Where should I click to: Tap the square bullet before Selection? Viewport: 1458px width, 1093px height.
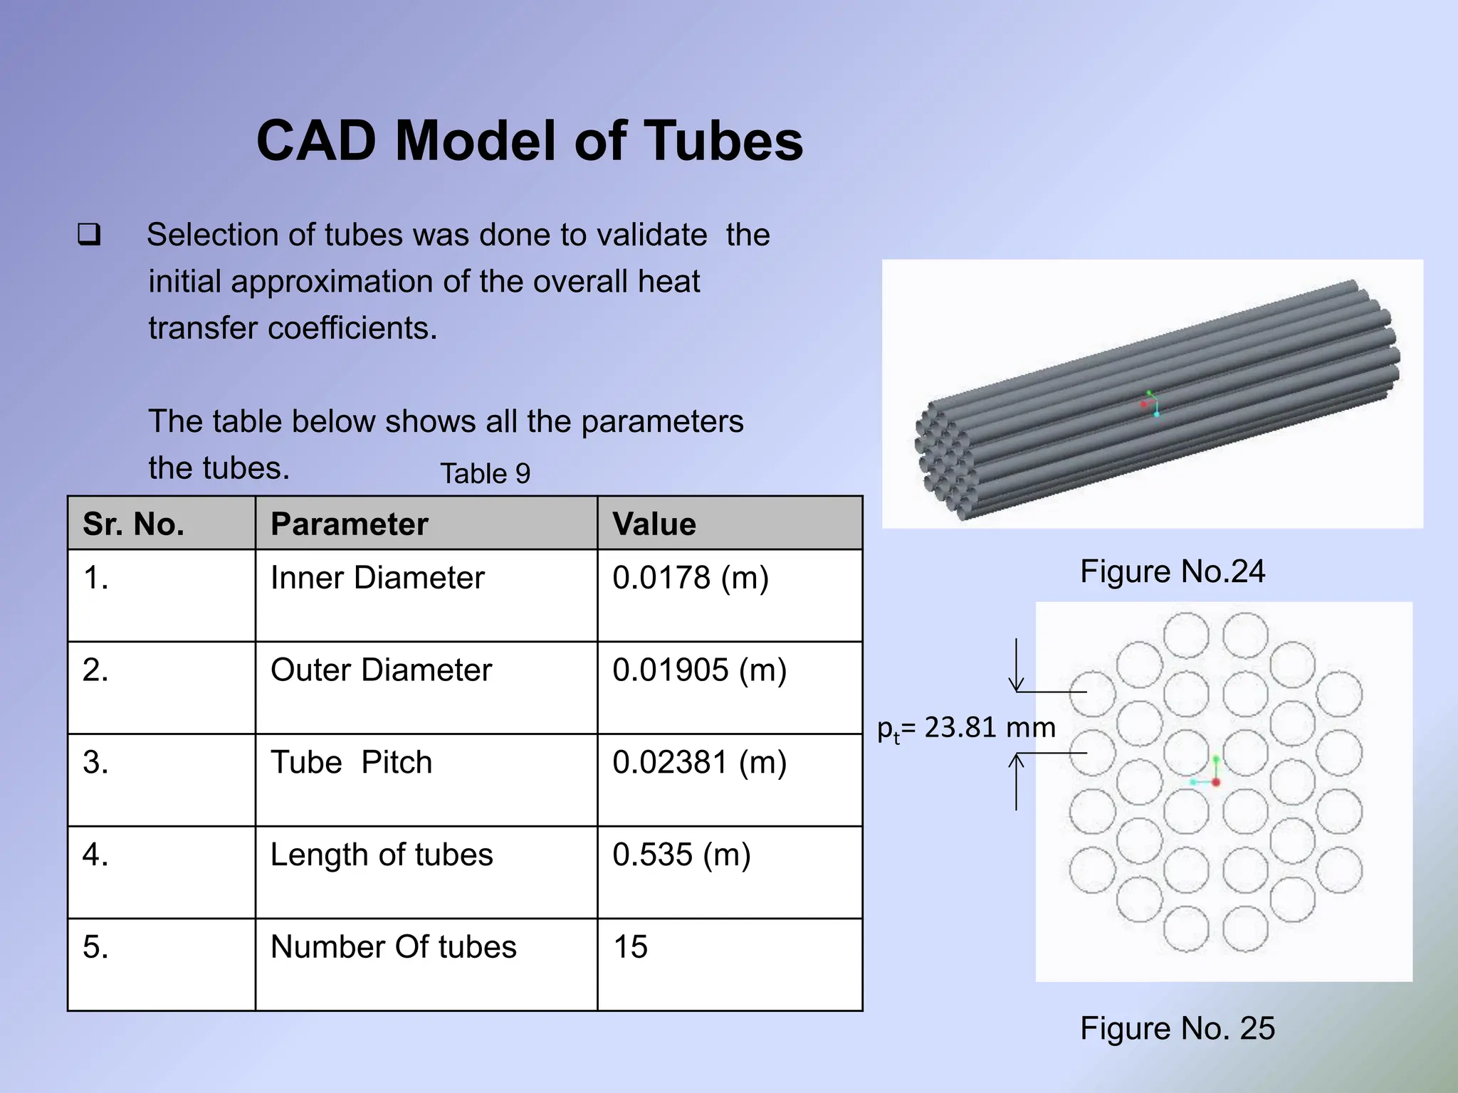click(x=89, y=235)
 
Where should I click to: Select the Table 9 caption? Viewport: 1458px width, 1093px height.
click(x=485, y=474)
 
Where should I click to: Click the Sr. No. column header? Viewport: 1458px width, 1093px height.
click(x=133, y=524)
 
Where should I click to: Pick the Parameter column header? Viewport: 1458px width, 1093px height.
click(x=349, y=524)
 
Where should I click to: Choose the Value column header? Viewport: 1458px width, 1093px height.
click(x=654, y=524)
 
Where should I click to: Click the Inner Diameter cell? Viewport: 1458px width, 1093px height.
click(x=377, y=578)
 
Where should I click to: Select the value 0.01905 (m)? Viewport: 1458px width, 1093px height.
click(x=699, y=670)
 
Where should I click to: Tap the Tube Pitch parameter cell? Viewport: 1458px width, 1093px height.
click(x=351, y=763)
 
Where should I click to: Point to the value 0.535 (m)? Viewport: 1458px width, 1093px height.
click(x=681, y=855)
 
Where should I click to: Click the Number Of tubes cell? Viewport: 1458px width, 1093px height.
click(x=393, y=947)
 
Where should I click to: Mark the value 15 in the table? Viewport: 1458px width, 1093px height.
click(x=630, y=947)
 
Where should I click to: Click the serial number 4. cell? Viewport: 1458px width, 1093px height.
click(x=95, y=855)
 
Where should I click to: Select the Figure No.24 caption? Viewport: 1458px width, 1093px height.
click(x=1172, y=571)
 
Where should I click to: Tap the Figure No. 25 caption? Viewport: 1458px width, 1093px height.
click(x=1177, y=1028)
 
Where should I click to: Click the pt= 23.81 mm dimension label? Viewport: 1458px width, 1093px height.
click(x=966, y=728)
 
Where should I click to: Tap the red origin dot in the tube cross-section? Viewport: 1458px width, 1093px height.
click(x=1216, y=782)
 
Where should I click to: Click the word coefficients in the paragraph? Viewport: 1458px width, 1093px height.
click(x=352, y=328)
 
